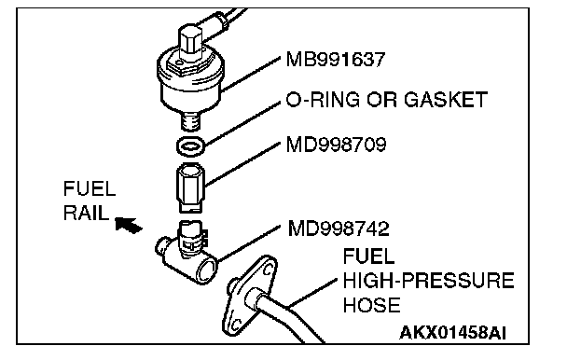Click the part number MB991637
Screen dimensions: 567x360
[336, 60]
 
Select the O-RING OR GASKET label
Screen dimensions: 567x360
[387, 100]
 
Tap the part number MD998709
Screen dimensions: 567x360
[336, 145]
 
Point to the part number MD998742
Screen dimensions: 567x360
[339, 228]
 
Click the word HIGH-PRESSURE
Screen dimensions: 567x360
[428, 281]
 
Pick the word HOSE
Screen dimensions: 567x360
[371, 305]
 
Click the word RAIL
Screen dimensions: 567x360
[86, 213]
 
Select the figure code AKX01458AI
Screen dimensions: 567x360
[452, 333]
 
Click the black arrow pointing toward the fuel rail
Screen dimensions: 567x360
[129, 225]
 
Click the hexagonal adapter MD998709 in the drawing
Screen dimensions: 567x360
[190, 187]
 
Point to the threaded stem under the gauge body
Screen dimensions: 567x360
[190, 120]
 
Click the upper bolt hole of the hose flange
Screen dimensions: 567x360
[267, 270]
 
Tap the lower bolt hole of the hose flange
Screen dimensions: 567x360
[235, 323]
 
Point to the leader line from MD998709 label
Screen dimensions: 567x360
[242, 164]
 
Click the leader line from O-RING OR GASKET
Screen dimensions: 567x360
[242, 123]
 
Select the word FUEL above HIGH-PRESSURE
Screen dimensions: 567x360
[368, 256]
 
